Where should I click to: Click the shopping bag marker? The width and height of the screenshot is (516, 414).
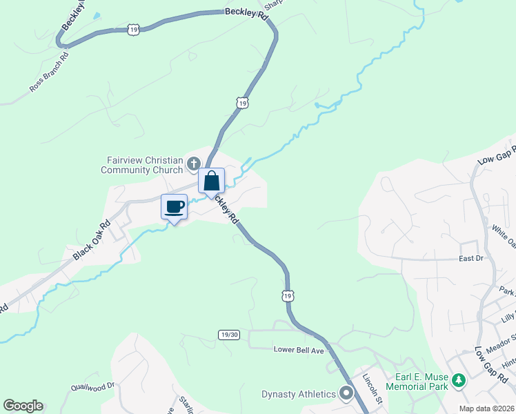[212, 181]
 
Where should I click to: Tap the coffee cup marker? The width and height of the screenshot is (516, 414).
[174, 206]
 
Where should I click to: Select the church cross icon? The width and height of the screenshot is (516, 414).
[194, 164]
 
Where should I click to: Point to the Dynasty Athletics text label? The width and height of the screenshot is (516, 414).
[298, 394]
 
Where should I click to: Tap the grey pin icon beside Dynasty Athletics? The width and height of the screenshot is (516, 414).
[346, 393]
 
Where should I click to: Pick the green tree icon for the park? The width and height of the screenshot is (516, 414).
[457, 380]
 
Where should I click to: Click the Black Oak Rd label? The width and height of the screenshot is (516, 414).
[91, 241]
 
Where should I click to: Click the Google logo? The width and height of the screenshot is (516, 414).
[23, 406]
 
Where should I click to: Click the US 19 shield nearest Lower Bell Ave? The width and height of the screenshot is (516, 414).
[288, 295]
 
